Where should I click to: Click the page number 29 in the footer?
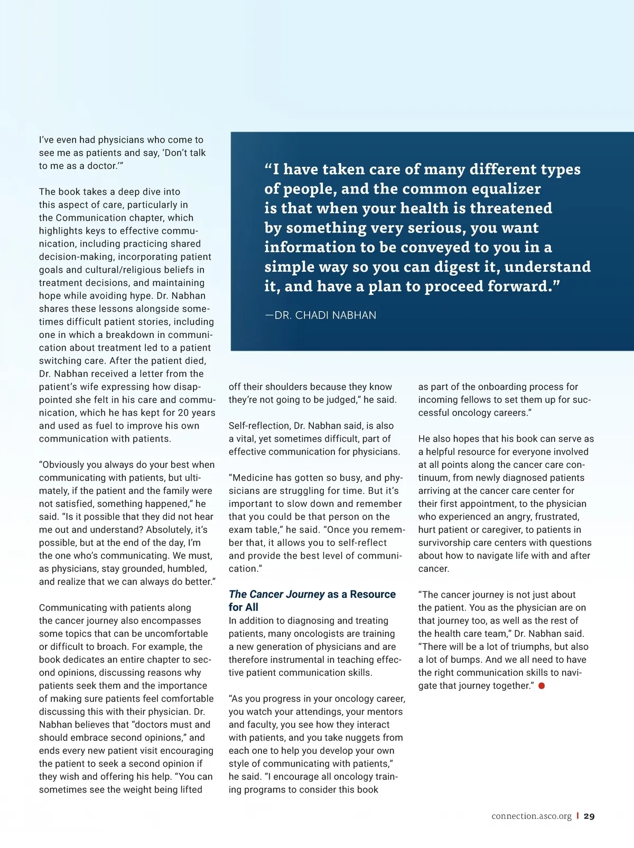coord(589,816)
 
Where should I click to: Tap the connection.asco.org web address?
coord(532,816)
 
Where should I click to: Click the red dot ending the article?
coord(542,686)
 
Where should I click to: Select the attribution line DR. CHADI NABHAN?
coord(321,315)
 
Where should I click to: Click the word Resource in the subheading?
coord(372,594)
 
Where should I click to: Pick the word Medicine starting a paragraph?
coord(253,478)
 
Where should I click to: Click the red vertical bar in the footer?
coord(577,816)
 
